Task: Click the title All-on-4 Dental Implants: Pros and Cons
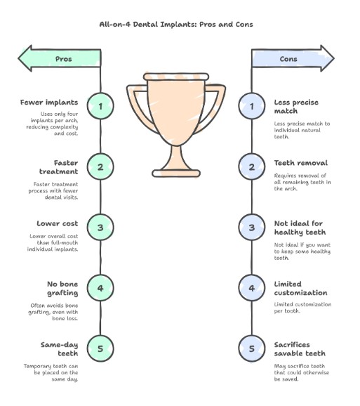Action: [x=176, y=24]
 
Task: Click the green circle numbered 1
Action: [x=100, y=107]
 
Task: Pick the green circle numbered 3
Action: [x=100, y=228]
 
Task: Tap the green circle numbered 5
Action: [x=100, y=348]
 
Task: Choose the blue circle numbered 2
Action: [x=252, y=167]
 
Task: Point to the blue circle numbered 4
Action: [x=252, y=288]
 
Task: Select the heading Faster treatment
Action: [x=60, y=166]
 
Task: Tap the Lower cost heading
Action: [x=58, y=223]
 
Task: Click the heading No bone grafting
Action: [x=60, y=287]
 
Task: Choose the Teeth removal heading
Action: [x=301, y=163]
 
